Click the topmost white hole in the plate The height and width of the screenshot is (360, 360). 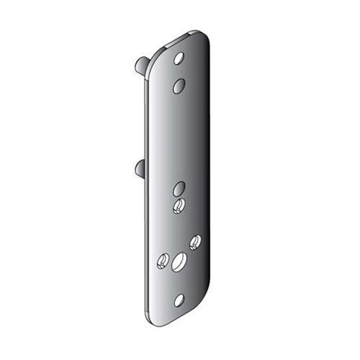[x=179, y=58]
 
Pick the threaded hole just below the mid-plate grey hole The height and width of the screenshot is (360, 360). [x=179, y=207]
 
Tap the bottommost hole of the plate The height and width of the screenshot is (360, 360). [x=179, y=299]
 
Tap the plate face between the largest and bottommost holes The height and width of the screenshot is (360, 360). [x=179, y=281]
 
